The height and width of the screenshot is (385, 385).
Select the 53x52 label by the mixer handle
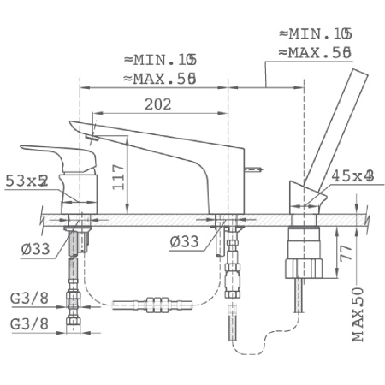[25, 181]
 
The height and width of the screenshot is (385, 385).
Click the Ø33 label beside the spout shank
[186, 241]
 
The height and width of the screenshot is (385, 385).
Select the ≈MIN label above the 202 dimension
[160, 60]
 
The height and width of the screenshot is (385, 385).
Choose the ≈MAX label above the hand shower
[316, 52]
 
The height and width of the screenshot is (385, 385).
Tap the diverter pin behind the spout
[255, 169]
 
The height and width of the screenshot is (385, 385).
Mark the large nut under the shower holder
[303, 252]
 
